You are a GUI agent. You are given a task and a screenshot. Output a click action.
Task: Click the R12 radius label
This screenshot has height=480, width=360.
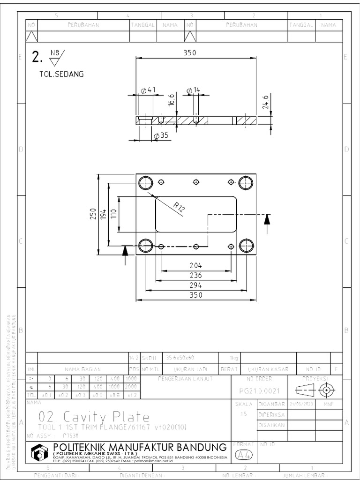tap(179, 207)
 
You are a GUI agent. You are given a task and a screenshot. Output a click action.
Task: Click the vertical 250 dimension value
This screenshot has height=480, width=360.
tap(93, 214)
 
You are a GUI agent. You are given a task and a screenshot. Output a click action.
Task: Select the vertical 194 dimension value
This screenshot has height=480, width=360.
tap(104, 214)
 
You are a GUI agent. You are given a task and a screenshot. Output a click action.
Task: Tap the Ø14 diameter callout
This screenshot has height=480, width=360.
tap(193, 90)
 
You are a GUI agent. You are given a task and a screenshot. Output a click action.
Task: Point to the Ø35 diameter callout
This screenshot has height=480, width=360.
tap(161, 136)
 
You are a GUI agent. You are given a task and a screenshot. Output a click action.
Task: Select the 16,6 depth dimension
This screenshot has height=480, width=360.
tap(172, 101)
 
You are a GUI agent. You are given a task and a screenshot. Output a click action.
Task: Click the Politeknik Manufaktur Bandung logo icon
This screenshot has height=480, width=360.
tap(39, 452)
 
